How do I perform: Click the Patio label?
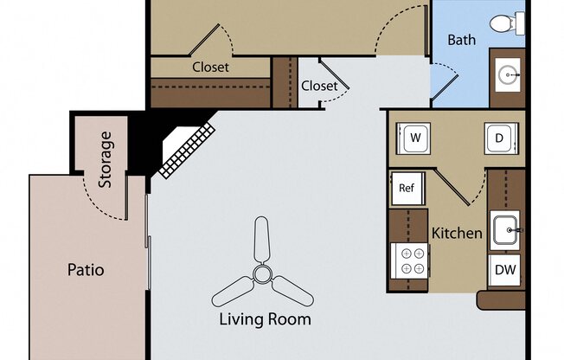(x=86, y=270)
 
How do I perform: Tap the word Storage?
(x=106, y=159)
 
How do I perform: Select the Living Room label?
(x=265, y=319)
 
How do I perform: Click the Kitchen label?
(x=456, y=233)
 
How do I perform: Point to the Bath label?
(x=461, y=40)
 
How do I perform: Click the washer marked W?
(x=413, y=138)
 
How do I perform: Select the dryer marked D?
(x=499, y=138)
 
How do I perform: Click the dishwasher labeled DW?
(x=506, y=270)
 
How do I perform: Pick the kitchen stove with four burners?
(x=410, y=259)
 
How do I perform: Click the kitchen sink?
(x=506, y=231)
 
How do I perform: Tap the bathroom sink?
(x=508, y=77)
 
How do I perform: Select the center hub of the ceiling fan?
(x=261, y=275)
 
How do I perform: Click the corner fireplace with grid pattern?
(x=186, y=147)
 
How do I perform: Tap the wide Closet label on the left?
(x=210, y=67)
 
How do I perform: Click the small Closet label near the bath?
(x=319, y=86)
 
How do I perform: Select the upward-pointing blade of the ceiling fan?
(x=261, y=242)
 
